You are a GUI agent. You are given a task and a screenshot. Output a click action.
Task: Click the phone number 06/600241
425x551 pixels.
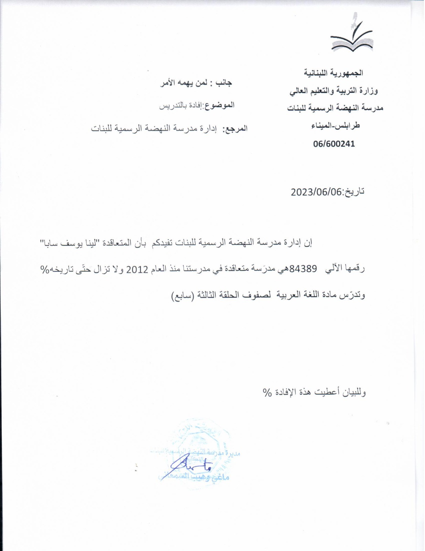coord(334,144)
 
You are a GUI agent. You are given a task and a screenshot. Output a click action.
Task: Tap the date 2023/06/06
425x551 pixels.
coord(317,192)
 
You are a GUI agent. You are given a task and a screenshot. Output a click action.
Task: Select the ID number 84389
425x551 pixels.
coord(303,269)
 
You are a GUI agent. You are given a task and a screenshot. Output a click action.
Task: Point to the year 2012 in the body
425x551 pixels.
coord(137,269)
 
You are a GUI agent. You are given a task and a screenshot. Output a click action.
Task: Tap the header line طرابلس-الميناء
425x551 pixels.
coord(335,126)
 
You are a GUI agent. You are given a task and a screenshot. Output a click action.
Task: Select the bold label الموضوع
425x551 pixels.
coord(220,105)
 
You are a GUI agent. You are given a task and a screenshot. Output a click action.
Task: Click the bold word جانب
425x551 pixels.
coord(223,83)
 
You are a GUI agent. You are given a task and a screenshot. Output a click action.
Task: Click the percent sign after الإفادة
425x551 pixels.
coord(267,392)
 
